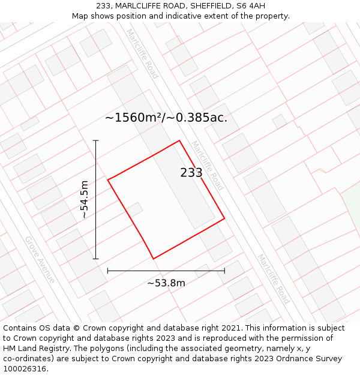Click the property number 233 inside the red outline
tap(191, 173)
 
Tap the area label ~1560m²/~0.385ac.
tap(166, 118)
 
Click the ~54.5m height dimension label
tap(85, 199)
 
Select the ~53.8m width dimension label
tap(166, 283)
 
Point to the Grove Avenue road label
tap(40, 260)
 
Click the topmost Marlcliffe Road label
tap(142, 53)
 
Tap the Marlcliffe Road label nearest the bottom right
tap(274, 278)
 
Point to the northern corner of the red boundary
tap(179, 141)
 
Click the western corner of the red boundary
tap(108, 179)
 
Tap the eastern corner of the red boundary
tap(224, 218)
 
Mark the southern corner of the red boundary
tap(154, 259)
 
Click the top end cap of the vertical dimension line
tap(96, 140)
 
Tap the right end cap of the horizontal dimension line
tap(224, 271)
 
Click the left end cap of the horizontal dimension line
tap(108, 271)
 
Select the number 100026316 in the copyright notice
tap(24, 368)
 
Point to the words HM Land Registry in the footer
tap(32, 349)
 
